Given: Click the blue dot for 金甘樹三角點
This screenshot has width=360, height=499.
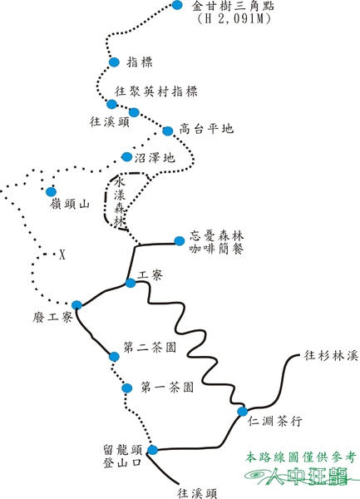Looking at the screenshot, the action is [177, 5].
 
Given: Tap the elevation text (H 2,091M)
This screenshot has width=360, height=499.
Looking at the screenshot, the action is [234, 19].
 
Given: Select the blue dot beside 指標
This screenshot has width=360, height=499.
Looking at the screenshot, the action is [114, 62].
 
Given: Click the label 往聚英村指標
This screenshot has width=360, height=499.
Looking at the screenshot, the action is [155, 91].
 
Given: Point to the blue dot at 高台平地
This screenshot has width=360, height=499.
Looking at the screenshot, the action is [168, 131].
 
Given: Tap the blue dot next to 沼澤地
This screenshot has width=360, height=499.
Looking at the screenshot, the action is [127, 156].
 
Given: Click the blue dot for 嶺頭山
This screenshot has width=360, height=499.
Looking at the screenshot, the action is [51, 191].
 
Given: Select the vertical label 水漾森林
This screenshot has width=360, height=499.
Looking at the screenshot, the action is [121, 202].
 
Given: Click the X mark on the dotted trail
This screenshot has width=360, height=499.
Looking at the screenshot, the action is [62, 254].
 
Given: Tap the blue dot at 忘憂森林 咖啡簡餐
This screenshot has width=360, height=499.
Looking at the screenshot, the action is [180, 241].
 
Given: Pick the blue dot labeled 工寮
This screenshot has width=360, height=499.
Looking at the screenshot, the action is [131, 283].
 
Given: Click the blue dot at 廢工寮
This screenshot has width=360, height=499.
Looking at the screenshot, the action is [76, 305].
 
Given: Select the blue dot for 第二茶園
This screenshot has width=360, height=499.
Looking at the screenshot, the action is [114, 357].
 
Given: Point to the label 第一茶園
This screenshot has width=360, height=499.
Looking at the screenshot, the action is [167, 388].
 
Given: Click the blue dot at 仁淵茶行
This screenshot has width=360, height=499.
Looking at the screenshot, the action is [242, 412].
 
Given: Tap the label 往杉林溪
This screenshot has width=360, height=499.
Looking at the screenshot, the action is [331, 355].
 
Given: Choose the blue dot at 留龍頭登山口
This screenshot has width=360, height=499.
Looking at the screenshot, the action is [153, 450].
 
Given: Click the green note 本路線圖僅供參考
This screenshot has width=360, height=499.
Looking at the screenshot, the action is [300, 457].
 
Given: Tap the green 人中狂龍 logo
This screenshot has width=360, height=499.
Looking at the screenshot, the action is [299, 476].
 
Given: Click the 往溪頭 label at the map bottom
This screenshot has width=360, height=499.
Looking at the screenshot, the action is [197, 493].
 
